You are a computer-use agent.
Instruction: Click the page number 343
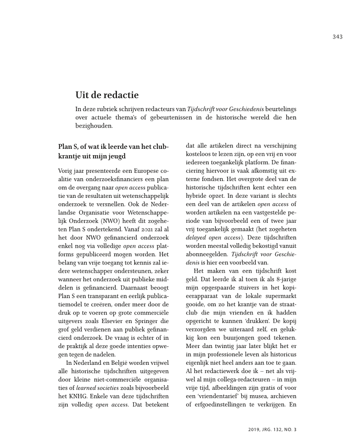(337, 37)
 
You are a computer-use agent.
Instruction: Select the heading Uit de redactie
(107, 95)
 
